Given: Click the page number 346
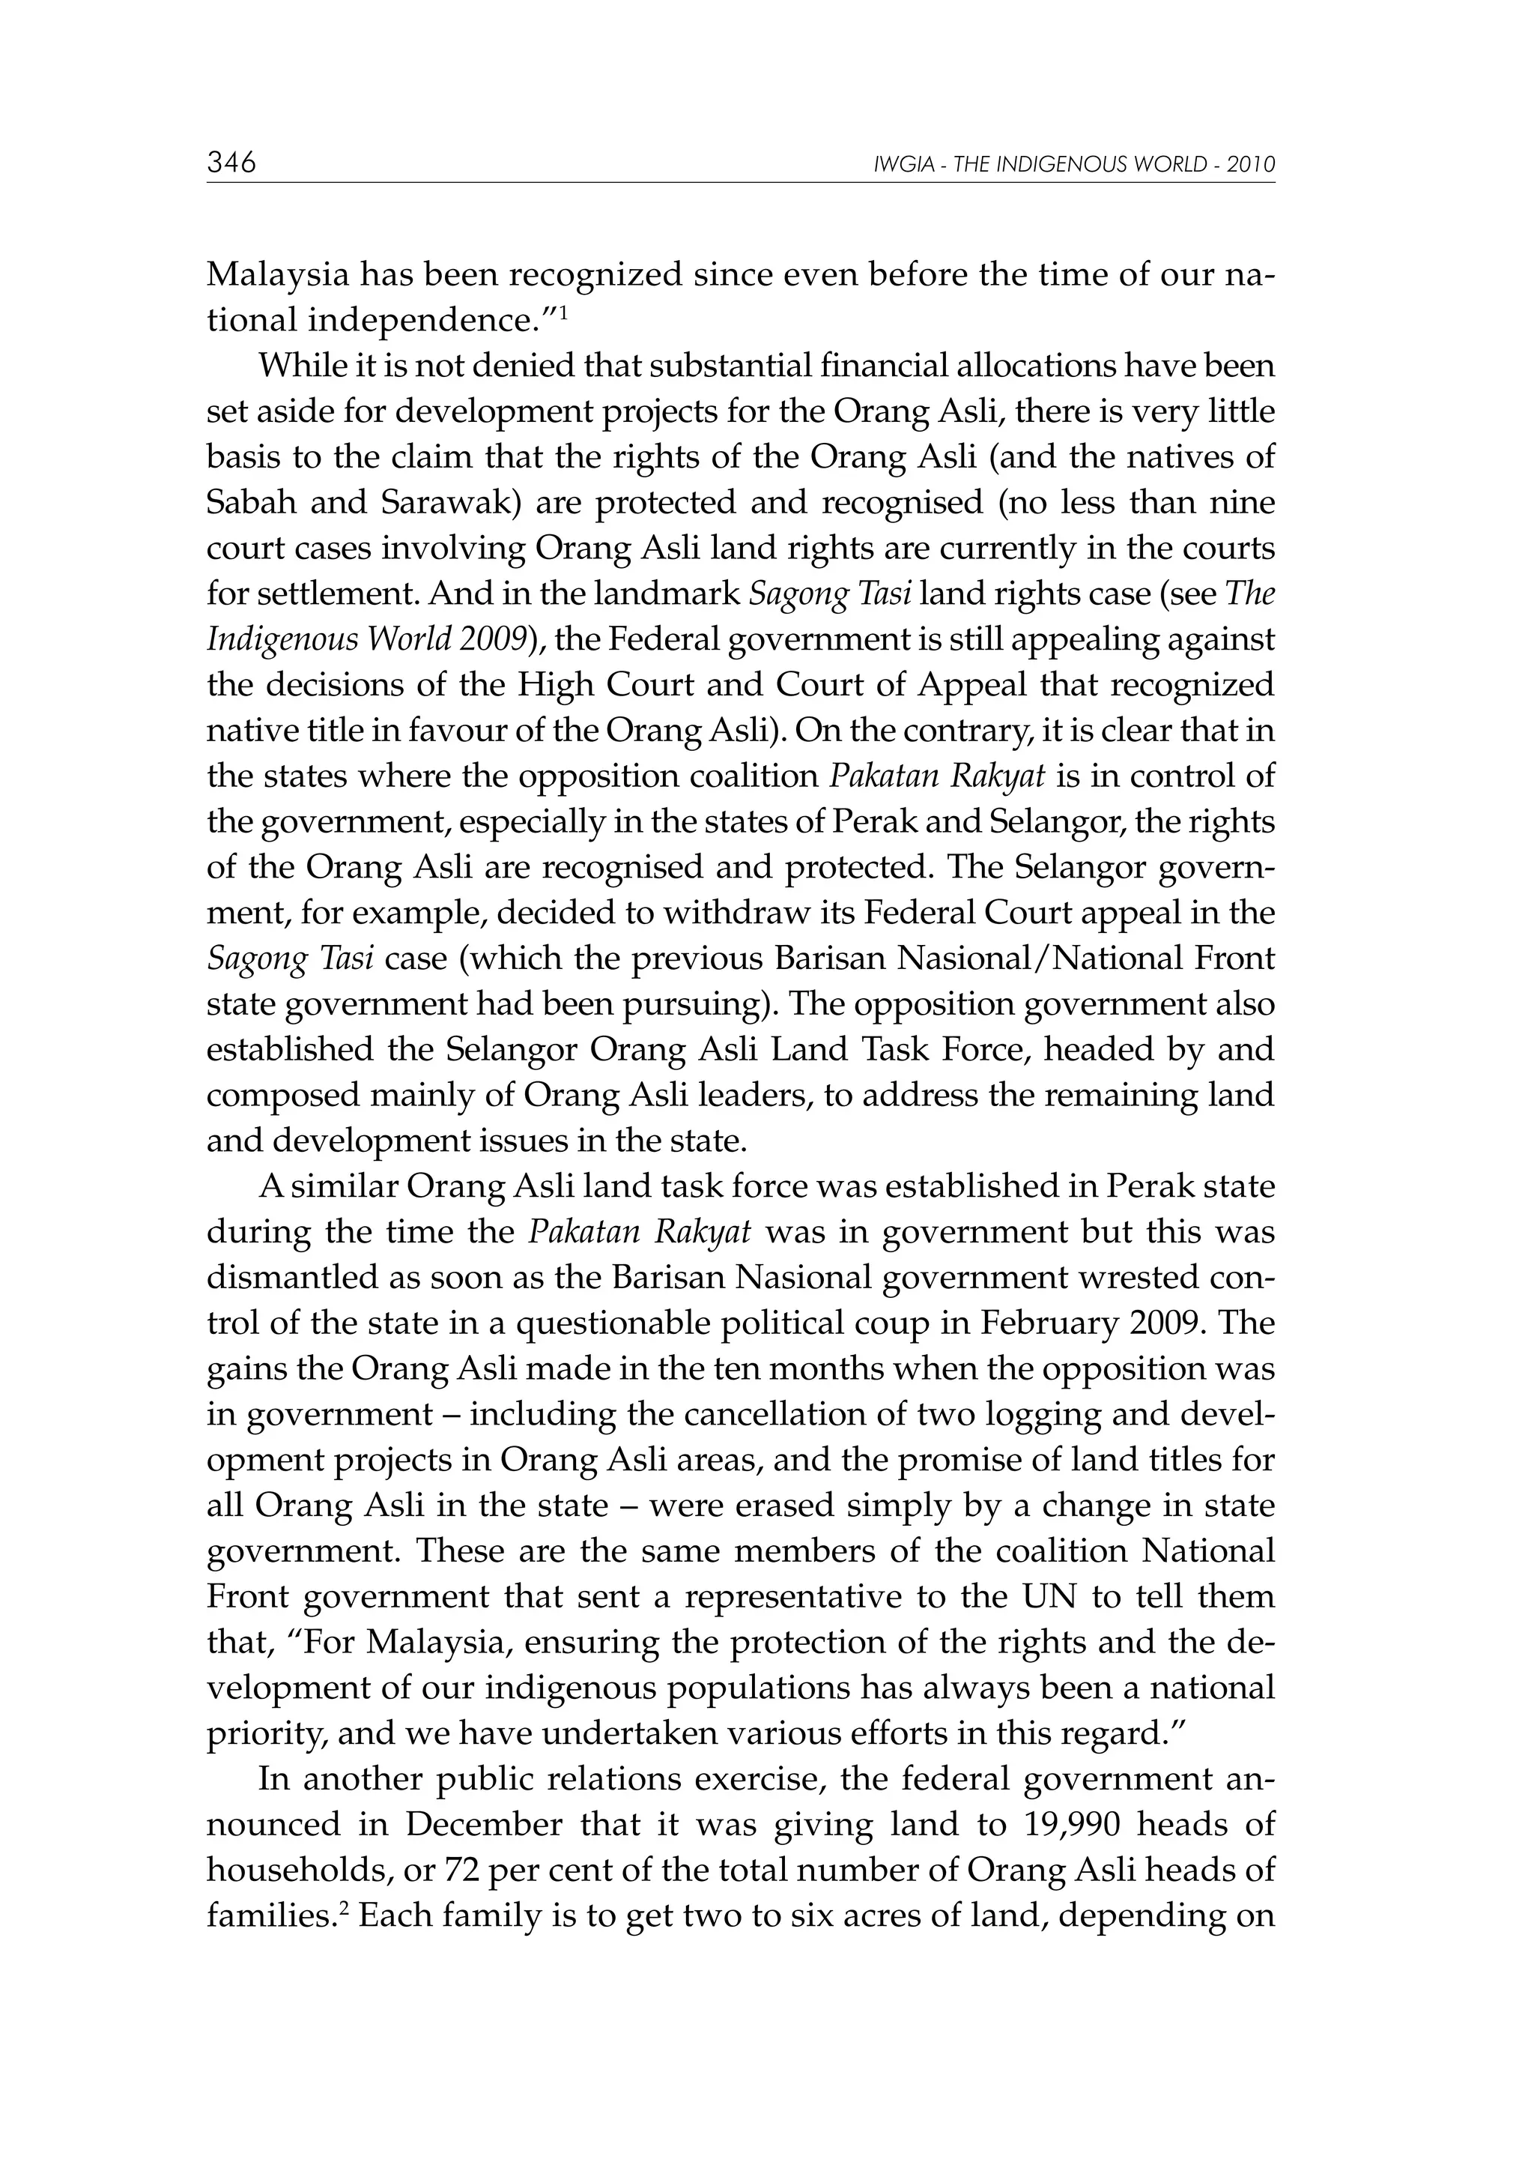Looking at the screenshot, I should point(231,163).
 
